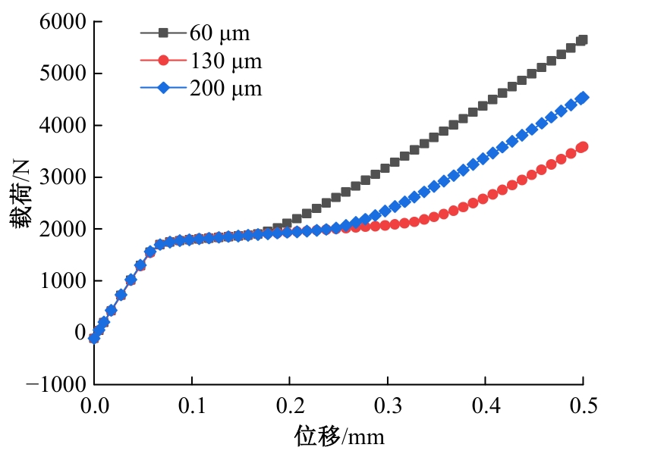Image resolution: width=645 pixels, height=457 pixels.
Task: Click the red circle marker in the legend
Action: (x=164, y=61)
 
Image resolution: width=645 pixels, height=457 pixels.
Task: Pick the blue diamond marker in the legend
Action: (x=164, y=89)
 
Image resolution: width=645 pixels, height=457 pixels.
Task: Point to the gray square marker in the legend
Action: (x=164, y=33)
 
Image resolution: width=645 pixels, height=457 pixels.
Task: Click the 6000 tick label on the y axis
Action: (x=61, y=22)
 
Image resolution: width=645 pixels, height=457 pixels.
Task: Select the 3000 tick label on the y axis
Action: (x=61, y=177)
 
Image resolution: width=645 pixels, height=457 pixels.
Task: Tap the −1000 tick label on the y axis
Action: (x=55, y=384)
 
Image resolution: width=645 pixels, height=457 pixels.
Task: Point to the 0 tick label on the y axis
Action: (x=78, y=332)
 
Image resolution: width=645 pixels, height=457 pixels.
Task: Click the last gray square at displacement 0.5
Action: (x=582, y=40)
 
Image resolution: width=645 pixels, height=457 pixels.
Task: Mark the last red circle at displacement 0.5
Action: (x=582, y=147)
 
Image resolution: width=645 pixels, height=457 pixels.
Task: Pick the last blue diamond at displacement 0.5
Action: (x=582, y=98)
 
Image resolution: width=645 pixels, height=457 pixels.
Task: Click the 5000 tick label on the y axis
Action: (x=61, y=74)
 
